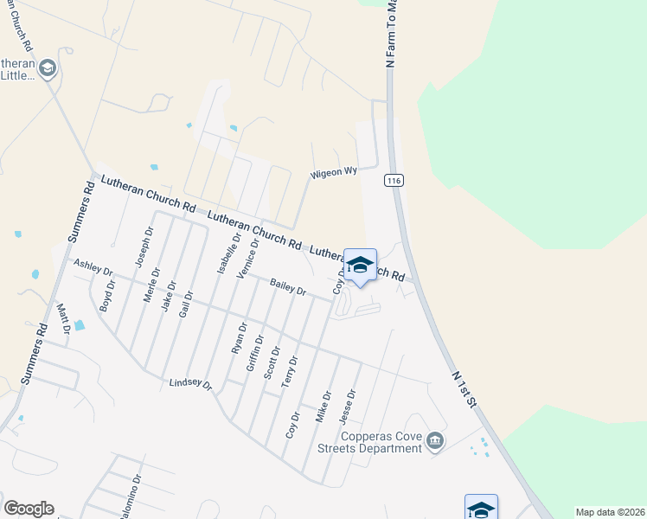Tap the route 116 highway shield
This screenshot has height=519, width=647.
(x=394, y=180)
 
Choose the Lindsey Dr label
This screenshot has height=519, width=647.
(x=190, y=383)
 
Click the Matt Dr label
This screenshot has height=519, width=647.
(x=62, y=318)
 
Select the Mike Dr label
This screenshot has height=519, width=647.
(x=323, y=407)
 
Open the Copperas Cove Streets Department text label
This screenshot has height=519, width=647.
(x=368, y=442)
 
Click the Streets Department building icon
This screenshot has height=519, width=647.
(x=436, y=442)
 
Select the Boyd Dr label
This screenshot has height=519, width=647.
(x=107, y=295)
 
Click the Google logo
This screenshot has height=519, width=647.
(x=29, y=509)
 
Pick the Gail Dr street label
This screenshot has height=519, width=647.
(x=184, y=298)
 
